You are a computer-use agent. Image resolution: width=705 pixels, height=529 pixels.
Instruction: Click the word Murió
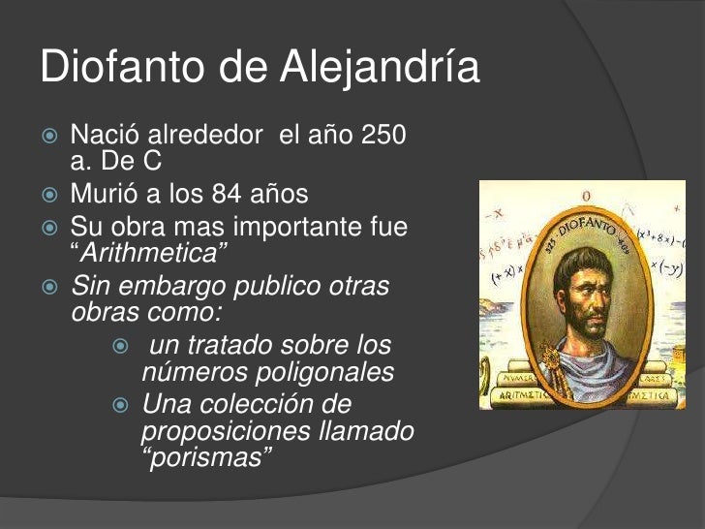click(104, 195)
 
